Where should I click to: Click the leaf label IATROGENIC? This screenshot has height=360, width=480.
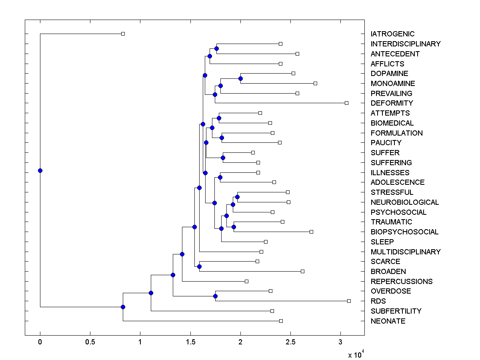tap(392, 34)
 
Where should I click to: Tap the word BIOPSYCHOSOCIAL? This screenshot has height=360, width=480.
tap(404, 232)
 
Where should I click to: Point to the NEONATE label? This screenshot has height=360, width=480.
tap(388, 321)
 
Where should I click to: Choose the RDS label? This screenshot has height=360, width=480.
tap(378, 301)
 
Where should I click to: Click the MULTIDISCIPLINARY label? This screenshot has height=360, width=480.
tap(406, 252)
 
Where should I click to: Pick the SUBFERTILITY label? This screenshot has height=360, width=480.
tap(396, 311)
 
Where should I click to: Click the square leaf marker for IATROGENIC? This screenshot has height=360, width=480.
tap(123, 34)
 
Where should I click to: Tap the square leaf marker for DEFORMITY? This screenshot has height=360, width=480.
tap(346, 103)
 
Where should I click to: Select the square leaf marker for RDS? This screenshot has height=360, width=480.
tap(349, 301)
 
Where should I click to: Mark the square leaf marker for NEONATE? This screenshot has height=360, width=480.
tap(281, 321)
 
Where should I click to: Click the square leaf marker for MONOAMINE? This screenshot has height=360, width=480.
tap(315, 83)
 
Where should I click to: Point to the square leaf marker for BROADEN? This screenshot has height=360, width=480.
tap(302, 271)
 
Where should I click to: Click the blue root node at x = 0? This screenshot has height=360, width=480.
tap(40, 170)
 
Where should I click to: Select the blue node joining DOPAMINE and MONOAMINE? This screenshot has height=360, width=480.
tap(240, 78)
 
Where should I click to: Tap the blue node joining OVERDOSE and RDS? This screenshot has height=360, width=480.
tap(215, 296)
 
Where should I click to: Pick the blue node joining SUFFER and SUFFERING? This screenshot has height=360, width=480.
tap(223, 158)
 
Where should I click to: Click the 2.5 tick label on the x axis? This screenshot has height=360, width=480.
tap(290, 342)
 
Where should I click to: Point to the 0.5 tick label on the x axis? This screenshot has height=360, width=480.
tap(90, 342)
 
